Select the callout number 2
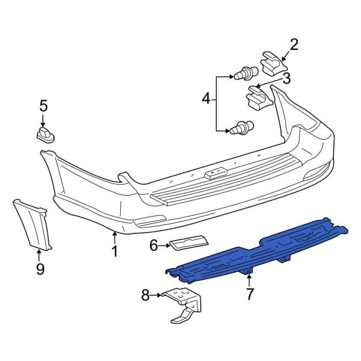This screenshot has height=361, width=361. tap(294, 44)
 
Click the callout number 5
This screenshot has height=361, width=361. tap(43, 106)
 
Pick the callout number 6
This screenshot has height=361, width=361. tap(154, 245)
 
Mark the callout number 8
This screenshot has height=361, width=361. tap(145, 295)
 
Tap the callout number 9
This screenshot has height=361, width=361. tap(40, 269)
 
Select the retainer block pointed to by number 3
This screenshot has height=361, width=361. tap(258, 96)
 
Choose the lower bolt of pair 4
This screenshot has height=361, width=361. tap(240, 128)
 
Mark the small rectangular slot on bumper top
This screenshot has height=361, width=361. tap(213, 174)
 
